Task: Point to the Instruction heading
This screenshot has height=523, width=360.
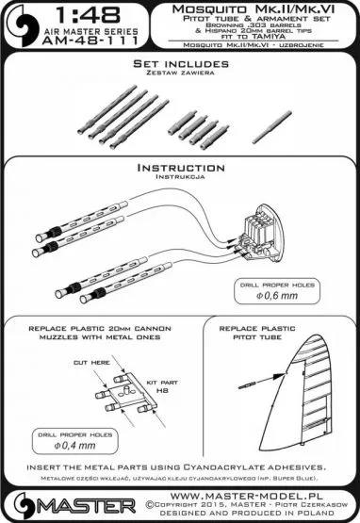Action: pyautogui.click(x=180, y=167)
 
